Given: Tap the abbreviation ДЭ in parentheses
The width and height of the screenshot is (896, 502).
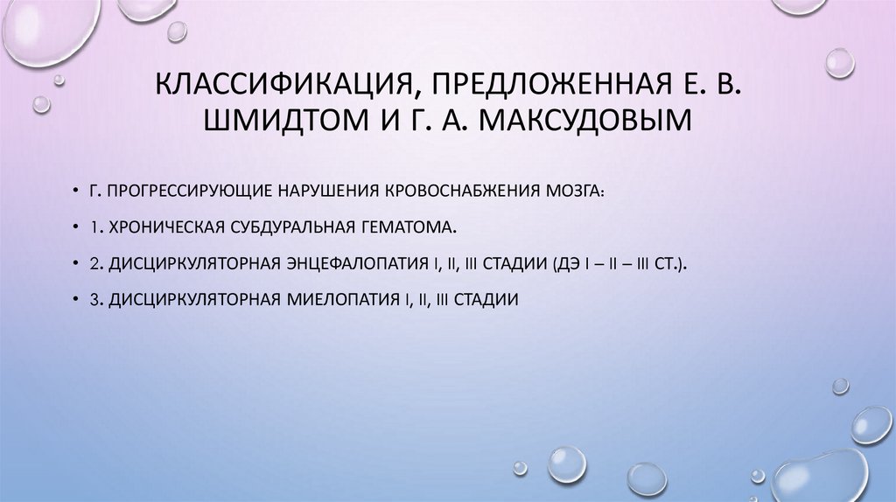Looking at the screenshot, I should coord(564,263).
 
